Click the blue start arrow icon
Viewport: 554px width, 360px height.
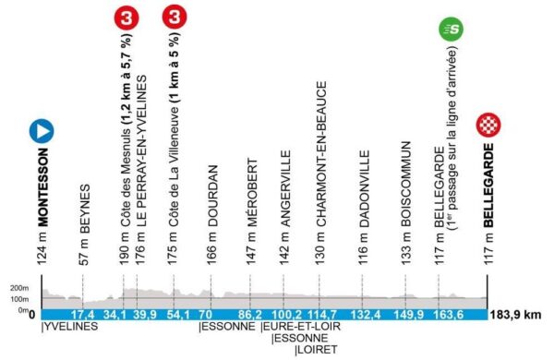41,131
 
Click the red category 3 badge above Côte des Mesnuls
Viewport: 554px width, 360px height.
124,18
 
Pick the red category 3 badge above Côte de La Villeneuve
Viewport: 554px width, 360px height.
174,18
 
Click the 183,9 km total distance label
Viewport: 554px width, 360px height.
519,315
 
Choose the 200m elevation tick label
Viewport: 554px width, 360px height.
14,288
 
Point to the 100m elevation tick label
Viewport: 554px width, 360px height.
14,299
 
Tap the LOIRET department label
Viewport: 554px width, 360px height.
313,350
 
